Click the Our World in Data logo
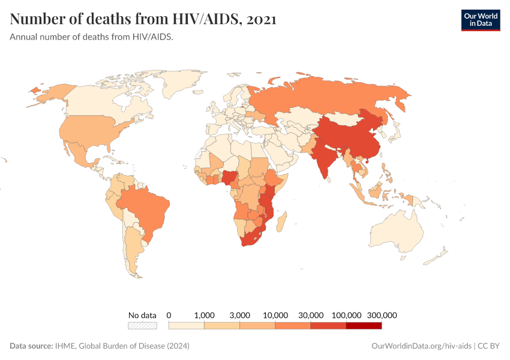click(480, 20)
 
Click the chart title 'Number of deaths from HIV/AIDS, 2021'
click(143, 19)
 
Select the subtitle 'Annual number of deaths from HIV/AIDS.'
click(92, 37)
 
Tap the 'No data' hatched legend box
click(142, 326)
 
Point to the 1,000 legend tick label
click(205, 315)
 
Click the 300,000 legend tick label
click(382, 315)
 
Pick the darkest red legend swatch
click(364, 326)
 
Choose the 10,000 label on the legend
click(275, 315)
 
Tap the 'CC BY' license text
click(489, 346)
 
